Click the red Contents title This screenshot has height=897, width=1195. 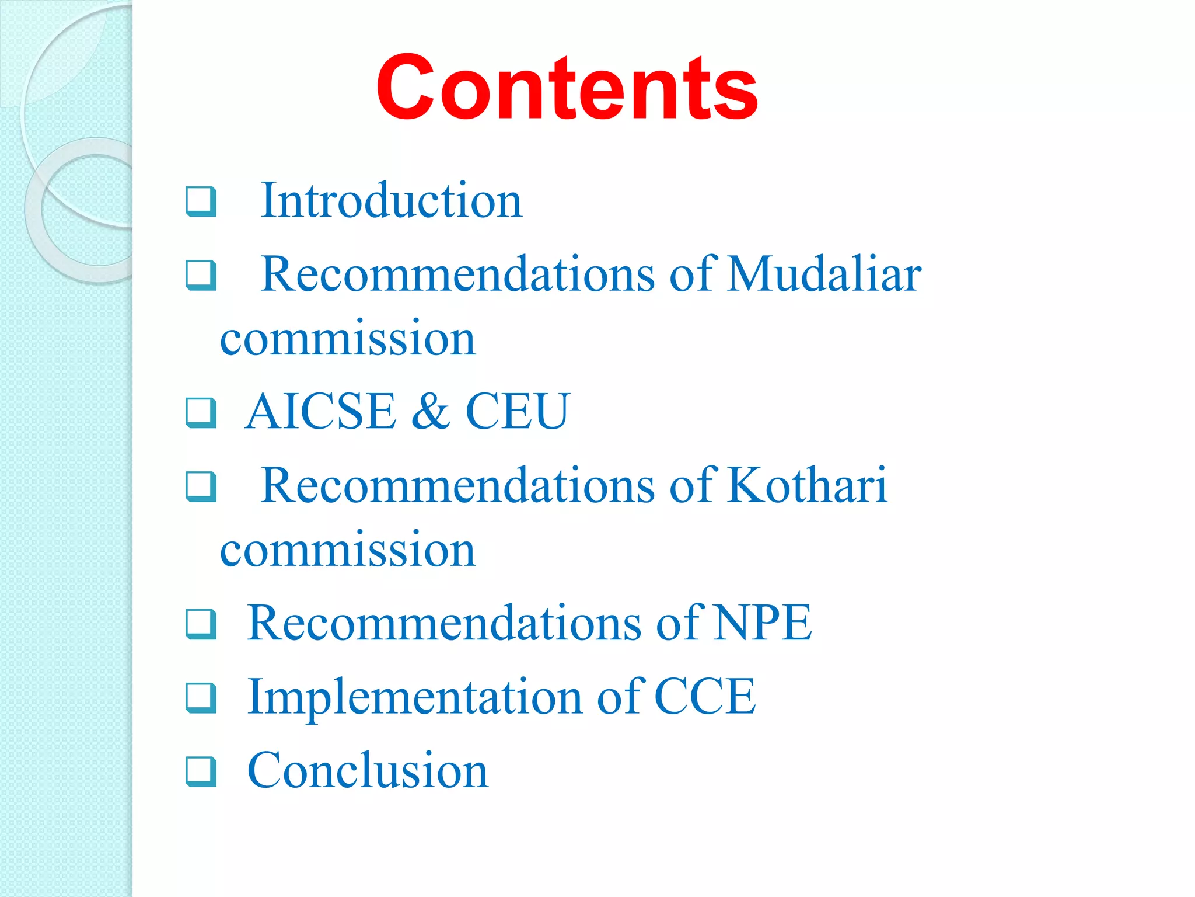click(567, 88)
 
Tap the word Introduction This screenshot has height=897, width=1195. click(391, 200)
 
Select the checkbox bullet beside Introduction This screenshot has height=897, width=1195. click(201, 201)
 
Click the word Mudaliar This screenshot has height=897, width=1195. click(824, 274)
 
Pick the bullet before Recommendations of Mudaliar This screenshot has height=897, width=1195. click(201, 275)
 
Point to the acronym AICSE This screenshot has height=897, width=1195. click(320, 411)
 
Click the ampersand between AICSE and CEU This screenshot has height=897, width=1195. click(430, 411)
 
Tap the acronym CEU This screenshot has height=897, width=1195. click(517, 411)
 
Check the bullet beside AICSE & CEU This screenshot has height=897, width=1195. click(201, 412)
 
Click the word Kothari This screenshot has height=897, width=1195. click(807, 485)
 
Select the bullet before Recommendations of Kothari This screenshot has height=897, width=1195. click(201, 486)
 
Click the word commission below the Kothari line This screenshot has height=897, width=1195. click(348, 550)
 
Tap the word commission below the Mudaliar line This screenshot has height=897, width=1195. click(348, 339)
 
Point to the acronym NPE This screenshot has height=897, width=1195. click(763, 623)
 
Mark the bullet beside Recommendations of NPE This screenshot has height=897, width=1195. click(201, 624)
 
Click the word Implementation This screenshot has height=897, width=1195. click(415, 697)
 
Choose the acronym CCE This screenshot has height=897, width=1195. click(705, 697)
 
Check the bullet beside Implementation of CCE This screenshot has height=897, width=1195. click(201, 698)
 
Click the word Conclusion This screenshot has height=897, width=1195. click(368, 770)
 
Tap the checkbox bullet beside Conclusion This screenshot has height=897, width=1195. click(201, 771)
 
